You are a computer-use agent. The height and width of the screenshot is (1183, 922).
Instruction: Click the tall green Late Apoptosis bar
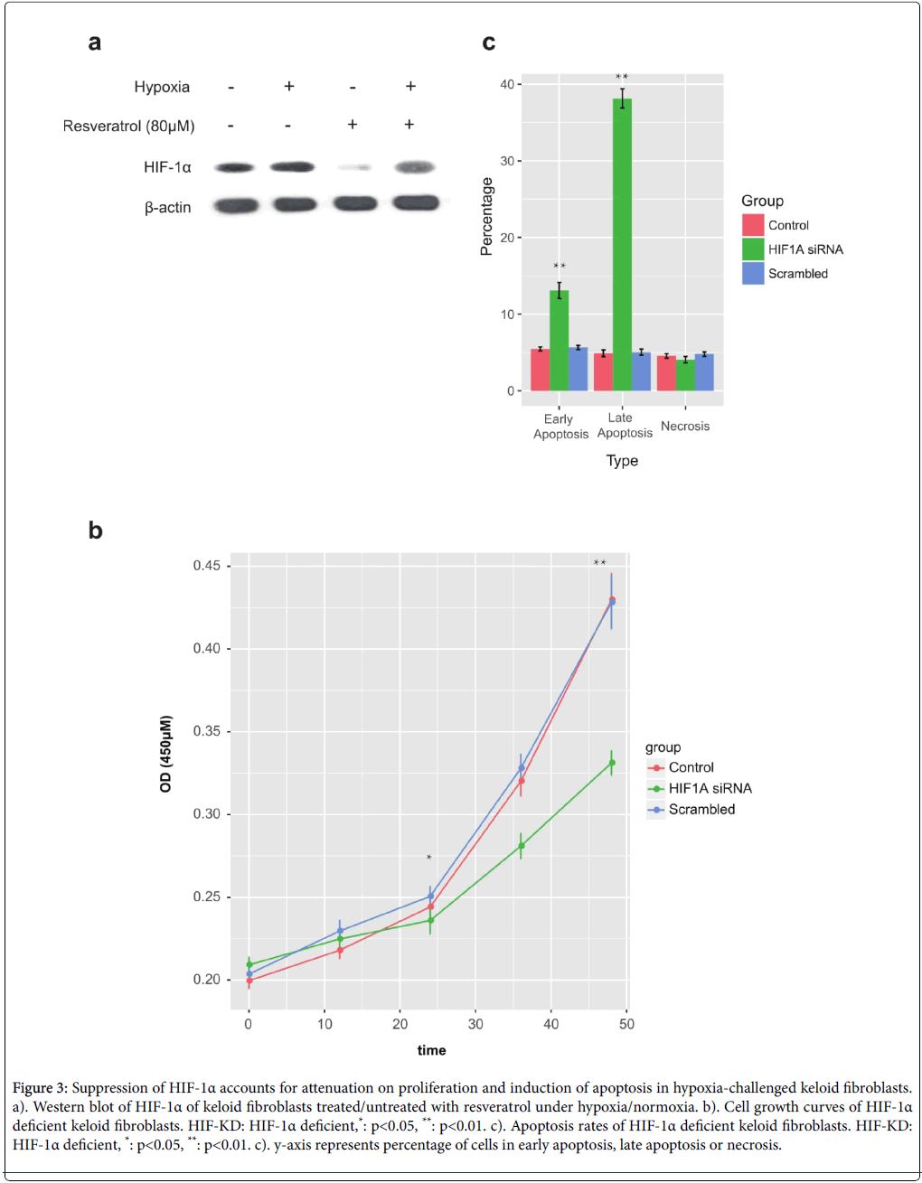[622, 244]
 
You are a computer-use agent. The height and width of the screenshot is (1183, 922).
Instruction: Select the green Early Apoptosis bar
[560, 341]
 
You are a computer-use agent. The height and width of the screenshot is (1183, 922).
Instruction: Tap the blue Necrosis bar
[704, 372]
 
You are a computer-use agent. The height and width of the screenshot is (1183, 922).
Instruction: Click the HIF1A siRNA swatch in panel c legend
[753, 249]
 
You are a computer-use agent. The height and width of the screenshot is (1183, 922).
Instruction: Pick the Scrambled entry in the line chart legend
[701, 810]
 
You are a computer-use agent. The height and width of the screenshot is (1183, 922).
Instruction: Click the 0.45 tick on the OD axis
[206, 566]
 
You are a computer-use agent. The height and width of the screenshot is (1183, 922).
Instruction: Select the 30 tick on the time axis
[475, 1024]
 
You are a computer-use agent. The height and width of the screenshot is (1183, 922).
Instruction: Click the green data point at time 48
[612, 763]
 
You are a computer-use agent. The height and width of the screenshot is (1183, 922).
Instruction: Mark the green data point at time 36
[522, 846]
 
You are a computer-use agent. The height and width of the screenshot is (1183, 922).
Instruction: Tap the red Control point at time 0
[249, 981]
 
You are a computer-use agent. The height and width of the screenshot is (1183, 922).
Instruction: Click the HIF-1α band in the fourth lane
[414, 167]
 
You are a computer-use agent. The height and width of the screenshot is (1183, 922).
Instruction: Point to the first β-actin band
[236, 206]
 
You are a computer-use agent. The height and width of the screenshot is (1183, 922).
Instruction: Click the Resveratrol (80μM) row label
[128, 126]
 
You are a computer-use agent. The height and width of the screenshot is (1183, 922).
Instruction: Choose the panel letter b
[95, 530]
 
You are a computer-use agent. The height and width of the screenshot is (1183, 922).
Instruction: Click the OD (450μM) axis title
[165, 755]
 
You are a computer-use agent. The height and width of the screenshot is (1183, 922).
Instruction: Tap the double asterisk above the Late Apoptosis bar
[622, 78]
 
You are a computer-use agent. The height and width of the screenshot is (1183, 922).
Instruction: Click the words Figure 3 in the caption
[40, 1088]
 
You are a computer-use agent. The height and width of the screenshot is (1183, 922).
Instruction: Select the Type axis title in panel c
[622, 461]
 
